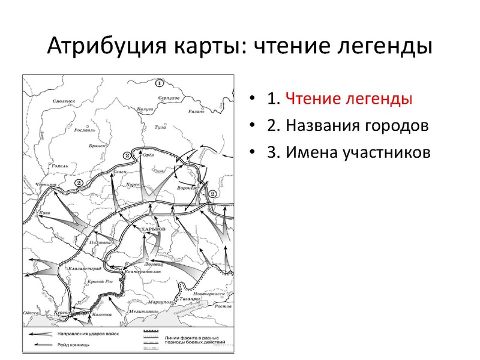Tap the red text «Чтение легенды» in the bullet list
(349, 99)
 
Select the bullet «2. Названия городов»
(349, 126)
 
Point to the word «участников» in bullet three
(386, 152)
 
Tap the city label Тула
(161, 128)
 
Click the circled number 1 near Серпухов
(158, 83)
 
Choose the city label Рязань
(196, 111)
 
